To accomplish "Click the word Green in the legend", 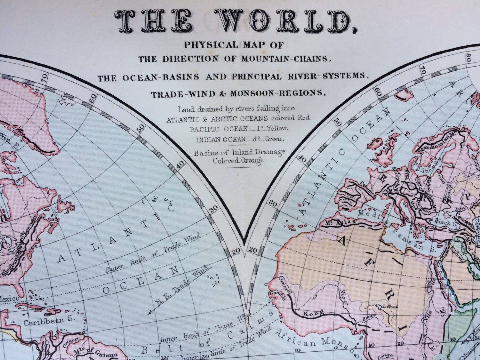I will coord(274,140).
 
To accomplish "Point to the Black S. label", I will coord(443,221).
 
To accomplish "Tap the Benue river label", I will coord(368,319).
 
